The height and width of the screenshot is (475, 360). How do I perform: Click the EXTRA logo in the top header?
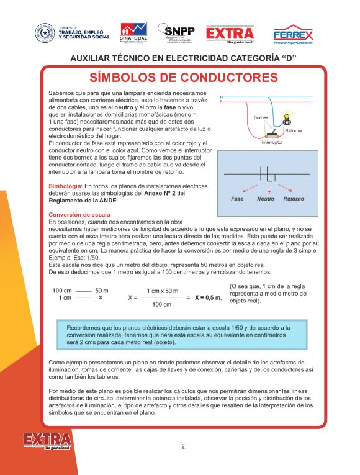[x=230, y=34]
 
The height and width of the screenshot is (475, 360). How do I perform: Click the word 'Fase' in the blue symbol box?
[x=237, y=199]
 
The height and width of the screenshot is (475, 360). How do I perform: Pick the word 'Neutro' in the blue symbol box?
[x=266, y=199]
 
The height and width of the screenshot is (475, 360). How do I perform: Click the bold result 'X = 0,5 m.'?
[x=208, y=297]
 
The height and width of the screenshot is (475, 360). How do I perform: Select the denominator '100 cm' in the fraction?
[x=162, y=304]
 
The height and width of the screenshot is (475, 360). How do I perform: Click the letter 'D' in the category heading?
[x=286, y=58]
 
